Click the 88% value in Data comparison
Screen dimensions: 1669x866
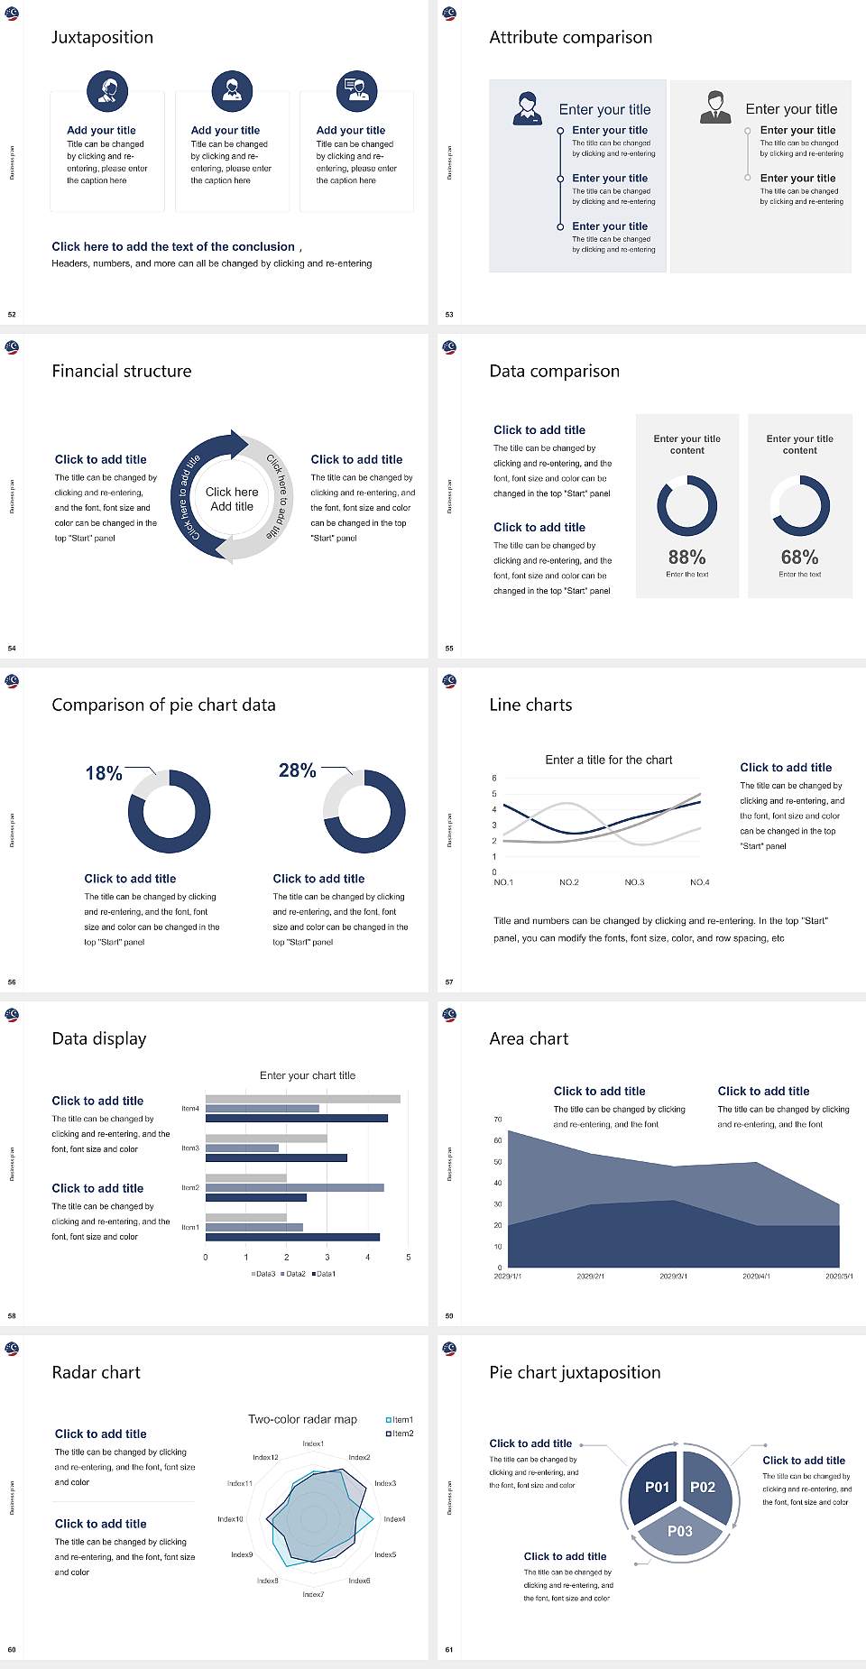point(686,558)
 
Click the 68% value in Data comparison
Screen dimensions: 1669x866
point(799,558)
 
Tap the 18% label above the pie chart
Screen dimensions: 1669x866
point(104,773)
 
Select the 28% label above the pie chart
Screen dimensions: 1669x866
point(297,770)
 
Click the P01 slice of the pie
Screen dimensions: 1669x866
point(657,1487)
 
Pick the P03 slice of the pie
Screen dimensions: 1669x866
point(680,1531)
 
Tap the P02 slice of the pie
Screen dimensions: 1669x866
point(703,1487)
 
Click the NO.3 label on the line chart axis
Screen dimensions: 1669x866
point(634,882)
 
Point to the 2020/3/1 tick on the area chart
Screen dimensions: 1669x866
point(673,1277)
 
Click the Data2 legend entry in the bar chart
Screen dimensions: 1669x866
point(294,1274)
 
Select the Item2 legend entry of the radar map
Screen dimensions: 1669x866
point(401,1434)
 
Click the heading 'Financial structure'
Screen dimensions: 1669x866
point(122,371)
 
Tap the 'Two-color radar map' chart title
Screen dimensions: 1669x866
point(302,1419)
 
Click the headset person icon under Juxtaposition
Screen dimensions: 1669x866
point(107,90)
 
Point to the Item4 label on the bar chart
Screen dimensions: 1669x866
point(190,1109)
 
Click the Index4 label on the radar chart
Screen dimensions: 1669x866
point(394,1519)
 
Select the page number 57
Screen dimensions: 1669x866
point(449,982)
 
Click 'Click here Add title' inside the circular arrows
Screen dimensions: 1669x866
point(232,499)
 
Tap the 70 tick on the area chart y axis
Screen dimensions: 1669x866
point(498,1120)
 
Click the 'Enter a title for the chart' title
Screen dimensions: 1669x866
point(609,760)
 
